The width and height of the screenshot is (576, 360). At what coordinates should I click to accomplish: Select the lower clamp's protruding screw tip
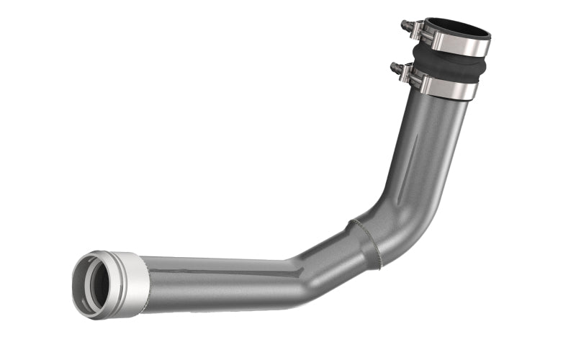pos(393,67)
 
